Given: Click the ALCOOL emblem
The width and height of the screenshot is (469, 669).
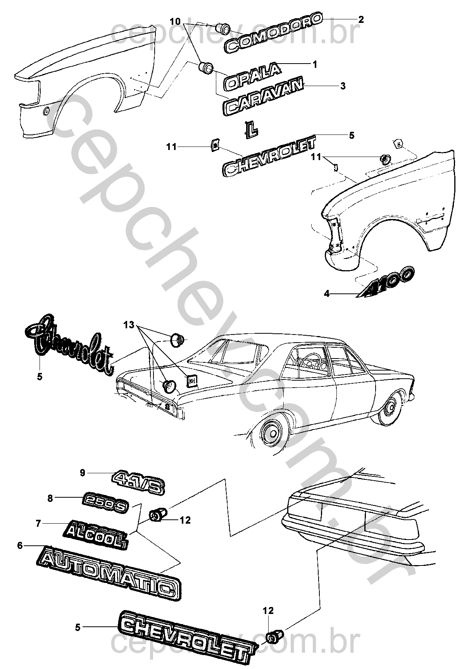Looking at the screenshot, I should click(x=96, y=532).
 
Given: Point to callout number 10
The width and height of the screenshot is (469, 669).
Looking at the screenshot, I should click(x=175, y=21).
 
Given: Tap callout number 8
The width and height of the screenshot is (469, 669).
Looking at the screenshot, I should click(x=50, y=498).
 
